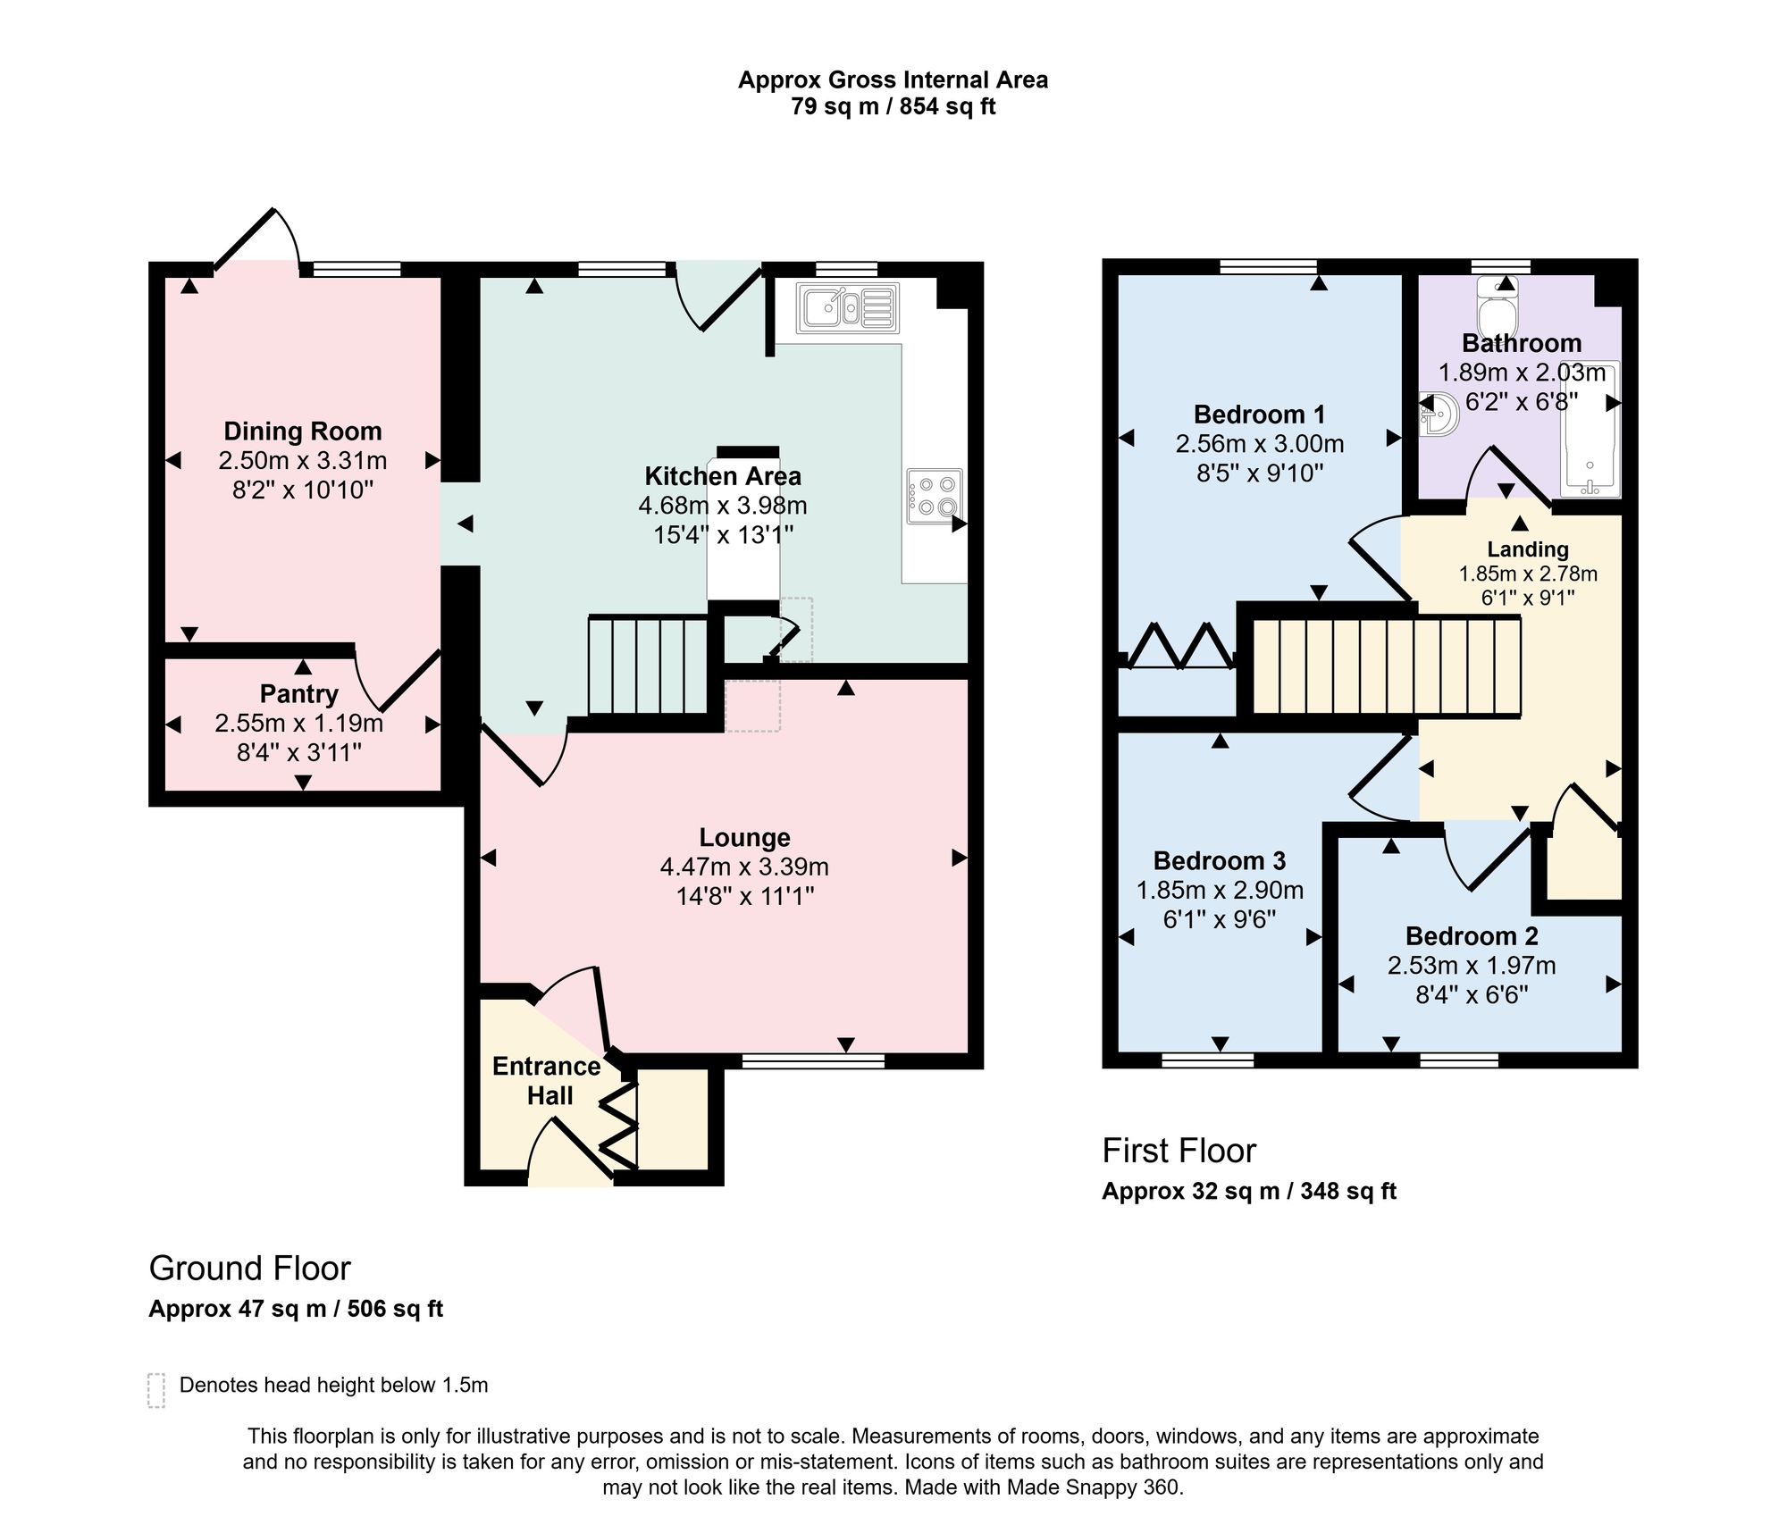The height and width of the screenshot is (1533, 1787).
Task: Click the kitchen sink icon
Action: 847,309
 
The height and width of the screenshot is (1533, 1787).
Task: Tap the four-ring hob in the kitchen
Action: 935,496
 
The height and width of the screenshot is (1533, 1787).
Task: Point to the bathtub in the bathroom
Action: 1590,429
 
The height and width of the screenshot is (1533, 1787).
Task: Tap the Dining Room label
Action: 303,431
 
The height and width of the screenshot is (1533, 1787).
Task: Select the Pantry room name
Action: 299,694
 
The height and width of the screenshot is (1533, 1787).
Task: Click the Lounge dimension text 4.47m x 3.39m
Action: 744,867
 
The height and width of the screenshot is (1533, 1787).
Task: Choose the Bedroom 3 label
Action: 1220,860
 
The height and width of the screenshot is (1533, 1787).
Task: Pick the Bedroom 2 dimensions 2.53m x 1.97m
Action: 1472,965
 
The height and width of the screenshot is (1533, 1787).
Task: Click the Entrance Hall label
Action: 547,1081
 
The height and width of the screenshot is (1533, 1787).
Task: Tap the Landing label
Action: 1528,549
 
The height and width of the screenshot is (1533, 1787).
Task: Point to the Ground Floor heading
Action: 250,1269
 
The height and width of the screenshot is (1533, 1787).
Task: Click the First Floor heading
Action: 1179,1151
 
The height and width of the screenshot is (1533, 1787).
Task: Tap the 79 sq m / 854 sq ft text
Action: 893,107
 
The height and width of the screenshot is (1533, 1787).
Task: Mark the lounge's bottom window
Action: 813,1060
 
